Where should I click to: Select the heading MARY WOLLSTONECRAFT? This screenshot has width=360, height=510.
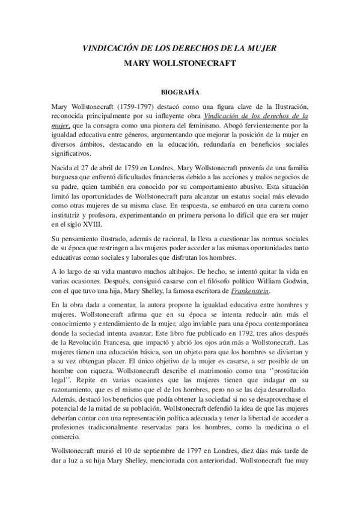click(180, 62)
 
